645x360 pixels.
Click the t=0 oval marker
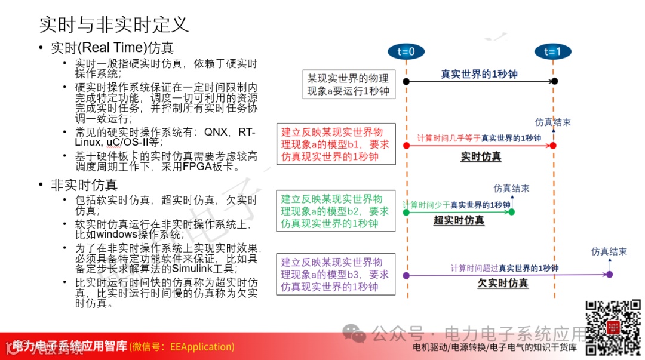pos(406,51)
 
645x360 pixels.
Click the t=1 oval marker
pos(552,51)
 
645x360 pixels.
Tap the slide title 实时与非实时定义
pos(113,24)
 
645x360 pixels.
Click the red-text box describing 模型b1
pos(336,144)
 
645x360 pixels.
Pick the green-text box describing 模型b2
pos(336,211)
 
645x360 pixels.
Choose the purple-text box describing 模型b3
pos(336,275)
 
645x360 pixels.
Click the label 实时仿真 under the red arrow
pos(481,157)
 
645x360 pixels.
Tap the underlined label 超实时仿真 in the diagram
pos(459,220)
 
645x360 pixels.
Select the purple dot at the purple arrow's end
pos(609,275)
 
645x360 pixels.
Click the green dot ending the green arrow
pos(512,211)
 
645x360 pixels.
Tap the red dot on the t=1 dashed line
pos(553,145)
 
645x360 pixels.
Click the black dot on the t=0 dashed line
pos(406,81)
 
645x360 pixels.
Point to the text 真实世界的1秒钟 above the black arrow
pos(479,75)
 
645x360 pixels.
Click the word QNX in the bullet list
pos(216,131)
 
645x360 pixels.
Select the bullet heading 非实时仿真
pos(84,185)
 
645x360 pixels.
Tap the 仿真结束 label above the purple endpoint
pos(609,252)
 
